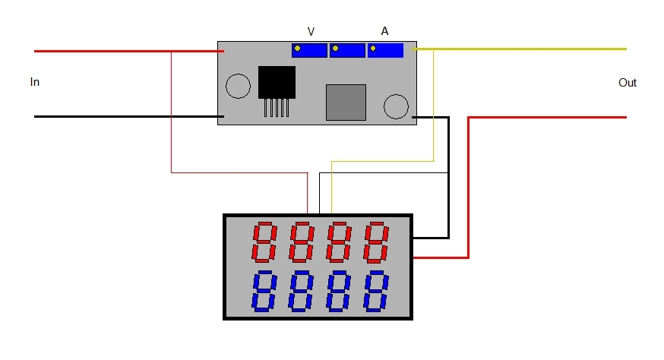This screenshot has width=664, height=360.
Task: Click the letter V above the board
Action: (x=311, y=32)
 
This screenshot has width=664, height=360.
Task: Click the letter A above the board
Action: (x=384, y=31)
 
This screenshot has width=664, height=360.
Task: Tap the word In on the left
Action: (x=35, y=82)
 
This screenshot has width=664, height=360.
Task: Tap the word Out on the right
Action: (x=628, y=83)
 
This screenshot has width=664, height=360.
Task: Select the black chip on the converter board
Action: (x=277, y=82)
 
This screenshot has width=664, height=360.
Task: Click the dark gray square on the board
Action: (x=346, y=103)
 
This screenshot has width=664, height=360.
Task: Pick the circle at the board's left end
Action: (x=238, y=86)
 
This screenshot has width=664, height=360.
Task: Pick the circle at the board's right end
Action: (x=396, y=106)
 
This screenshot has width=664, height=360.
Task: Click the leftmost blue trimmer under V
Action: (x=309, y=50)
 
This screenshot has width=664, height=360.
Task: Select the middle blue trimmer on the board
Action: (x=347, y=50)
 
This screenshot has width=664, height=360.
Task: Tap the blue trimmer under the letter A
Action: (x=385, y=50)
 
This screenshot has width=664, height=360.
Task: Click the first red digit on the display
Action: (x=264, y=242)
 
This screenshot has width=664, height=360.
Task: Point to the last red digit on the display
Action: (x=376, y=242)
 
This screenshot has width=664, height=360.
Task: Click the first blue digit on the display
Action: (x=264, y=292)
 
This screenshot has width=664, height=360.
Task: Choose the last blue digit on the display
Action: (x=376, y=292)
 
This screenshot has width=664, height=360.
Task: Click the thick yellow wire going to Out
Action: (x=519, y=49)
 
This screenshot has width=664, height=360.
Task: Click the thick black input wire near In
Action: (x=129, y=116)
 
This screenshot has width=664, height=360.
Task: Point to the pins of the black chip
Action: (x=277, y=108)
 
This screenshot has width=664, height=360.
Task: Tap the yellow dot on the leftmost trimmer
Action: (x=297, y=49)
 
